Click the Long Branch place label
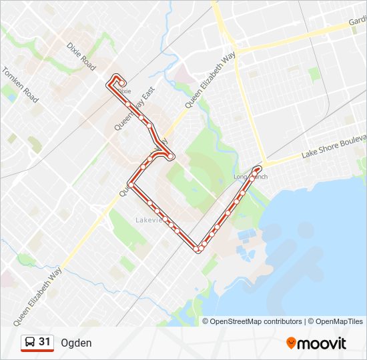[x=250, y=177]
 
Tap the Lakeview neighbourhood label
[x=148, y=220]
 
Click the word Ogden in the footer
[x=76, y=343]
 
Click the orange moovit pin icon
[x=291, y=343]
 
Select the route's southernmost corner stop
[x=199, y=249]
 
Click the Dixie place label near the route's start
[x=125, y=91]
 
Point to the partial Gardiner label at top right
[x=357, y=23]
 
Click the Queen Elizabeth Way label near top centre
[x=211, y=80]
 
